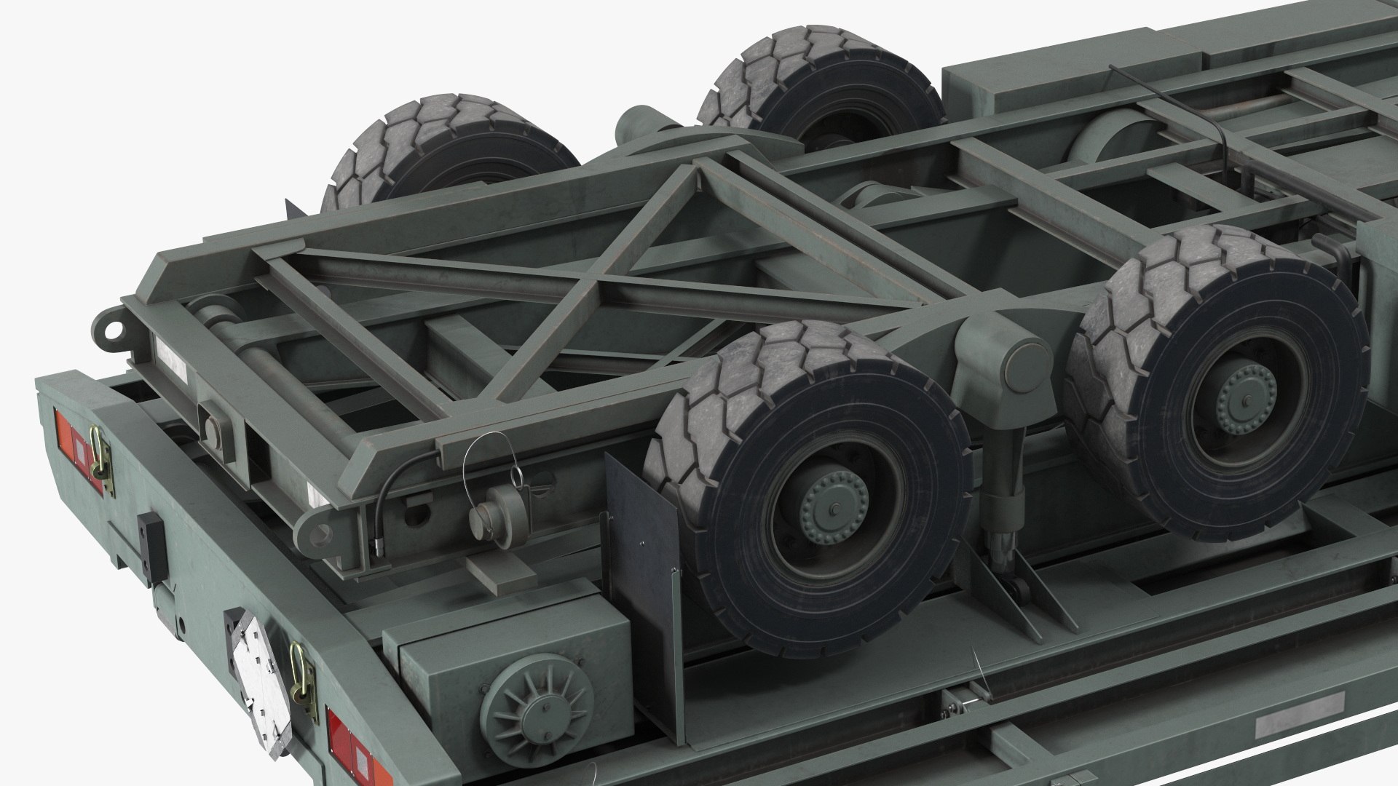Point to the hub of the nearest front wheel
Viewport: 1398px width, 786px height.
click(834, 502)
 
